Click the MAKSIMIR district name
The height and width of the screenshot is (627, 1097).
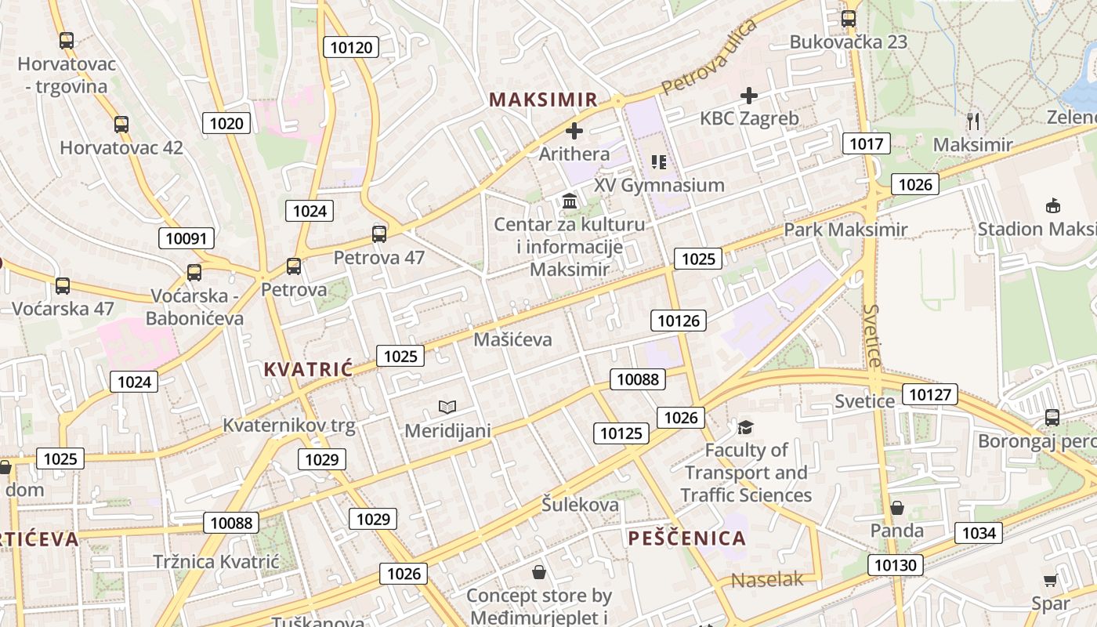(x=543, y=100)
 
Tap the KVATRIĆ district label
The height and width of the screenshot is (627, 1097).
(x=308, y=370)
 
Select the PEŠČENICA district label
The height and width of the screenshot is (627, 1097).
(x=686, y=538)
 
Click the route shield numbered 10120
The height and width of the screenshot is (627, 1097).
(x=352, y=47)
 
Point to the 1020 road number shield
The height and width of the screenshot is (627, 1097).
(x=227, y=122)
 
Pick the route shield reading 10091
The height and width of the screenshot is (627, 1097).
(x=186, y=238)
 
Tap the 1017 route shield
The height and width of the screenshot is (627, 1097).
(x=866, y=143)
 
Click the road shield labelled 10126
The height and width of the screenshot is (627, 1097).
(x=679, y=320)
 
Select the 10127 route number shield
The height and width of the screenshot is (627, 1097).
(x=930, y=394)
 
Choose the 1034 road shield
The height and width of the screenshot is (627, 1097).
(x=979, y=534)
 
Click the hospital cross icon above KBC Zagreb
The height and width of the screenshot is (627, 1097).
(x=749, y=96)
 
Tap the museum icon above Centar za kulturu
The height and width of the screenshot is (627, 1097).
(x=570, y=201)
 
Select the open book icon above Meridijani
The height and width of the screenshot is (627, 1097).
(x=447, y=407)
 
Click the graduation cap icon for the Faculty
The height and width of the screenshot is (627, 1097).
(x=745, y=427)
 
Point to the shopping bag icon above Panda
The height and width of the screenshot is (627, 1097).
(x=897, y=509)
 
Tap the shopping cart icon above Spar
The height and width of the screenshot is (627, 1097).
(x=1050, y=580)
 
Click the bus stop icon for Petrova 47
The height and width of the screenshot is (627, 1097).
(x=379, y=234)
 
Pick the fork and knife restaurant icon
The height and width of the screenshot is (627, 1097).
(x=973, y=121)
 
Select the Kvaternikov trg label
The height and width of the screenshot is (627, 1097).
(x=289, y=426)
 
